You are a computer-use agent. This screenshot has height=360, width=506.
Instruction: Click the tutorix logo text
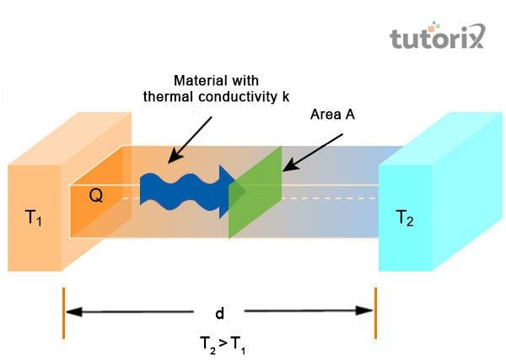pyautogui.click(x=436, y=39)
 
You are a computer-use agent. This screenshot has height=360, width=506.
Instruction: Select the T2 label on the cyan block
pyautogui.click(x=406, y=218)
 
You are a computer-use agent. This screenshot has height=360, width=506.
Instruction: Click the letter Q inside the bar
pyautogui.click(x=96, y=196)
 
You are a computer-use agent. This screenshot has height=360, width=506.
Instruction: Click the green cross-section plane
pyautogui.click(x=256, y=193)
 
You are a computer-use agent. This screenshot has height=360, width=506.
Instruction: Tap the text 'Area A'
pyautogui.click(x=331, y=115)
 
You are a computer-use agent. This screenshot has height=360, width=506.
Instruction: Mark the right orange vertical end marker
pyautogui.click(x=375, y=313)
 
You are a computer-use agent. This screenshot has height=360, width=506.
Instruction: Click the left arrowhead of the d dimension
pyautogui.click(x=74, y=313)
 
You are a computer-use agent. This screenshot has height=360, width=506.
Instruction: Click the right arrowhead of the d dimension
pyautogui.click(x=364, y=313)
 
